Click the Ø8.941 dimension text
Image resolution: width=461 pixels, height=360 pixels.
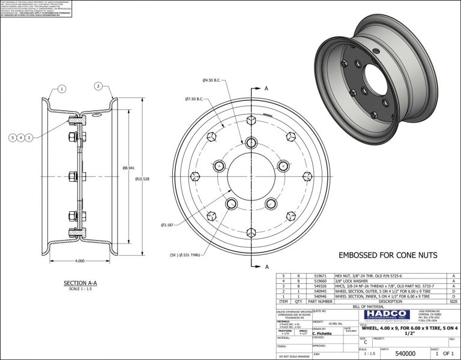pyautogui.click(x=128, y=169)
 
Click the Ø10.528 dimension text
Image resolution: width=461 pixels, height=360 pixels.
pyautogui.click(x=142, y=179)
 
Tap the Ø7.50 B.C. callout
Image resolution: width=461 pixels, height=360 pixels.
pyautogui.click(x=196, y=98)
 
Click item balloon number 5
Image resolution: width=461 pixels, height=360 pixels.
pyautogui.click(x=13, y=137)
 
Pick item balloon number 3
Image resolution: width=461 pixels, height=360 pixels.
pyautogui.click(x=29, y=137)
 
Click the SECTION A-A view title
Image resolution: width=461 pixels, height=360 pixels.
pyautogui.click(x=80, y=283)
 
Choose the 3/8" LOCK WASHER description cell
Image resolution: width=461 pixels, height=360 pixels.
pyautogui.click(x=349, y=282)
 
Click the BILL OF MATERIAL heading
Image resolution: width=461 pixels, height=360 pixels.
pyautogui.click(x=367, y=307)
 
